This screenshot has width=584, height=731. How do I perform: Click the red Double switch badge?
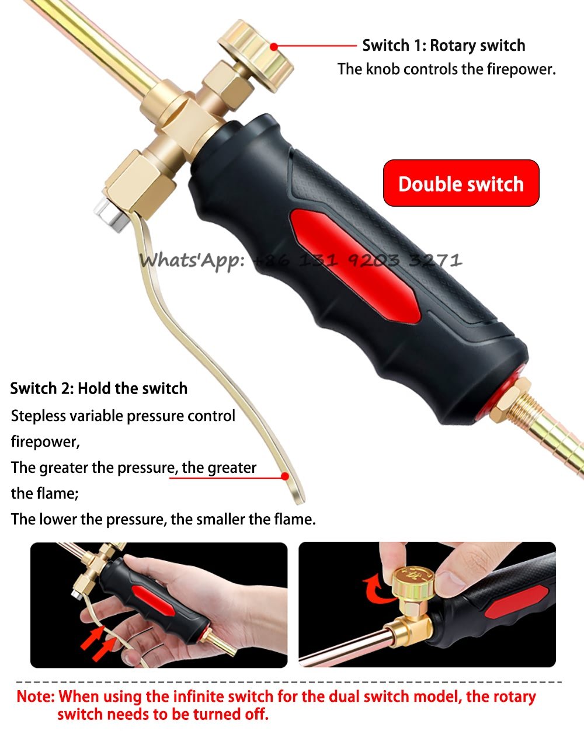coord(461,183)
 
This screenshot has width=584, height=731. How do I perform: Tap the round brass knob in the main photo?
coord(255,56)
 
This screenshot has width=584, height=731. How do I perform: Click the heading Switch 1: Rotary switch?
coord(444,46)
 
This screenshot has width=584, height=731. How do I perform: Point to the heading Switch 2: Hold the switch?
coord(99,388)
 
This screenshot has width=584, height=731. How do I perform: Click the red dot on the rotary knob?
coord(274,47)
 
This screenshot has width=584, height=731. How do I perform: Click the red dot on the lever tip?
coord(285,476)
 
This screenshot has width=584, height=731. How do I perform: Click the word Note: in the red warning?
coord(36,697)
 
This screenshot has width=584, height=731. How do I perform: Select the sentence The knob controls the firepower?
coord(446,69)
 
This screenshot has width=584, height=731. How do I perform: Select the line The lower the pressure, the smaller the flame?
coord(164,520)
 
